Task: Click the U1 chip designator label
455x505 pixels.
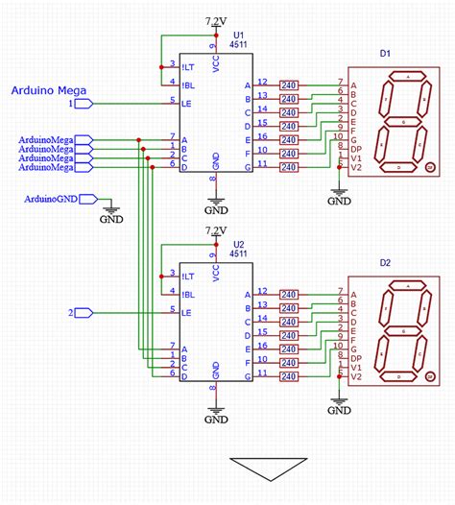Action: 239,33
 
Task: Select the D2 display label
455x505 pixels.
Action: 385,262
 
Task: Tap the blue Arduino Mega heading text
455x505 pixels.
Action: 49,91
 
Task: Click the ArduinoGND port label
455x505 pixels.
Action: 51,199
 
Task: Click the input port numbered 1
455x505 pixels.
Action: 81,102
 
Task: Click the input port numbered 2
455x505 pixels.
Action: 81,312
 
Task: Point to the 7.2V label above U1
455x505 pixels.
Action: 218,20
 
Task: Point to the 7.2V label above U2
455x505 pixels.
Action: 218,230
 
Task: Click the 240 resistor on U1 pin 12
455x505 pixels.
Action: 288,85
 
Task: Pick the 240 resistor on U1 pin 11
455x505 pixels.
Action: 288,167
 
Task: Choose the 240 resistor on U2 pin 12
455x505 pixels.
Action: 288,295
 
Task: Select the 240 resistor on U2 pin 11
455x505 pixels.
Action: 288,376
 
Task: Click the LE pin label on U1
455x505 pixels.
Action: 189,103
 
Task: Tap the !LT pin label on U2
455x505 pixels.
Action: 188,276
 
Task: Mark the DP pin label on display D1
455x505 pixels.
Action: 356,148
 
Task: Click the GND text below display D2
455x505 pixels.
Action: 339,413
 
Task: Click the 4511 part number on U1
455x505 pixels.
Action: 239,44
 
